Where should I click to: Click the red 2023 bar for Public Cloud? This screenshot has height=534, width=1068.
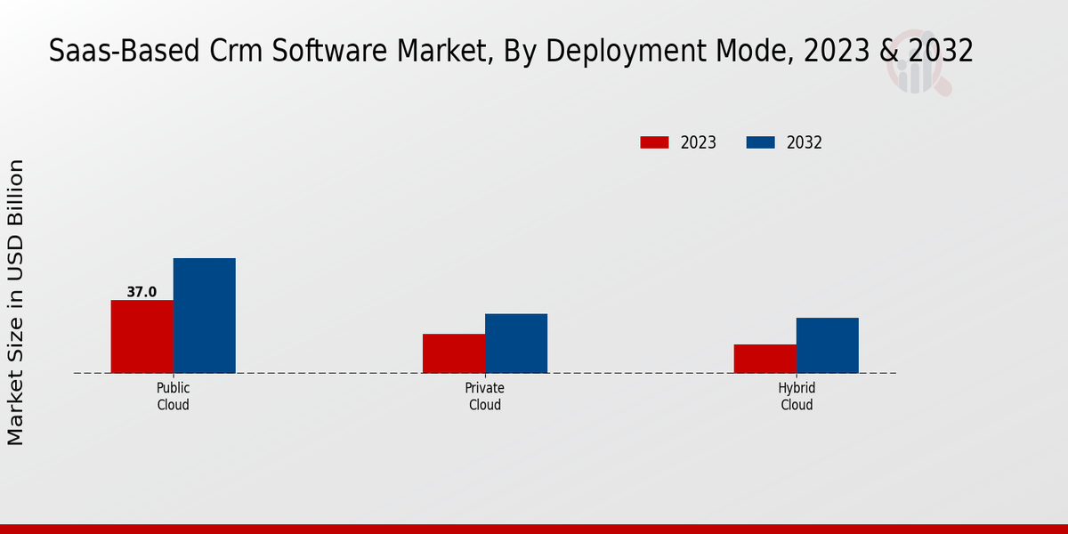(x=142, y=336)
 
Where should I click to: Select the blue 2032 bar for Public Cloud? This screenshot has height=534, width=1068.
(x=205, y=315)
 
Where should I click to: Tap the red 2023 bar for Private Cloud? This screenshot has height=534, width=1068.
(x=454, y=353)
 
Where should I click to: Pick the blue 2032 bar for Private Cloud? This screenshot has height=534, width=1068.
(x=516, y=343)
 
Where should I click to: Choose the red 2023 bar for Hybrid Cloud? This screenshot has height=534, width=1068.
(x=765, y=359)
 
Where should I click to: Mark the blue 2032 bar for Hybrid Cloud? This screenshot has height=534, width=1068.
(x=828, y=345)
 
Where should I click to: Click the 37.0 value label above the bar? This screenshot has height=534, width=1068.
(x=142, y=292)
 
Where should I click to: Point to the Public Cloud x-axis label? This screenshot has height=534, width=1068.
(x=174, y=397)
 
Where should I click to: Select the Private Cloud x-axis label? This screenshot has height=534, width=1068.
(x=485, y=397)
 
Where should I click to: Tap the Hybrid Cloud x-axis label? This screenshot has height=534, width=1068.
(x=797, y=397)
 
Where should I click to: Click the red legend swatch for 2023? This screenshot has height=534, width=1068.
(x=654, y=142)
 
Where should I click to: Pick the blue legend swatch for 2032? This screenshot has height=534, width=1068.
(x=760, y=142)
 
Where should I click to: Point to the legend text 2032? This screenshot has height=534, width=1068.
(x=805, y=142)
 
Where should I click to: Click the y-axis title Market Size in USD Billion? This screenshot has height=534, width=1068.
(x=16, y=303)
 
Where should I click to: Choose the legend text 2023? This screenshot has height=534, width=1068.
(x=699, y=142)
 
